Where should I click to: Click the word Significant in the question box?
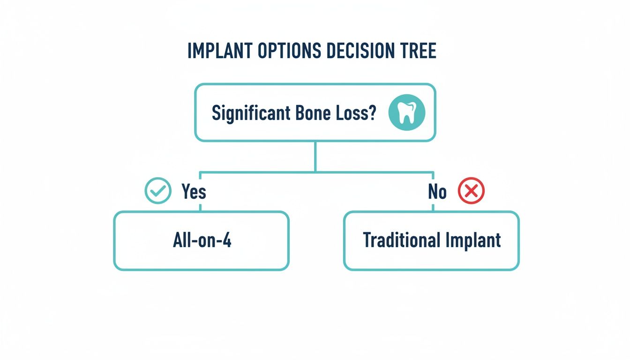click(249, 113)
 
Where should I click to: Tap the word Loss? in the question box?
click(356, 113)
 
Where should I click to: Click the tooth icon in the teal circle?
click(406, 113)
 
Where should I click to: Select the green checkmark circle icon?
click(158, 191)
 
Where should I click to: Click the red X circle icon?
click(471, 191)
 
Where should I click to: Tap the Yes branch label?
click(193, 191)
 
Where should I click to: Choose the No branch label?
click(437, 191)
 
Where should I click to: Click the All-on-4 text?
click(201, 240)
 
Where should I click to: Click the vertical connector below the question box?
click(315, 156)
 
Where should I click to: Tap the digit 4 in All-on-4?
click(226, 240)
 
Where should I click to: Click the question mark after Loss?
click(373, 113)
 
